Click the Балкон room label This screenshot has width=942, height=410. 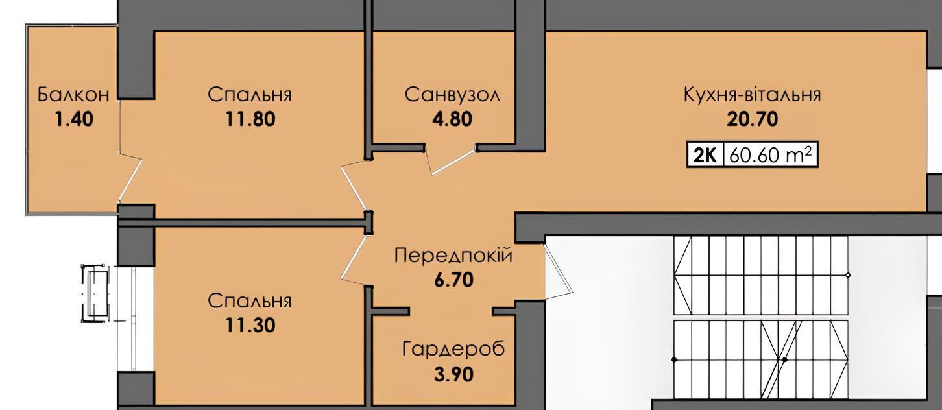coord(73,95)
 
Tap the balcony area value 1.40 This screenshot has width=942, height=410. coord(74,119)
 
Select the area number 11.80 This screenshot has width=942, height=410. coord(250,119)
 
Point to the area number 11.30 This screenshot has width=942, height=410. coord(250,326)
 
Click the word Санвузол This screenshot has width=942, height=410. coord(452,95)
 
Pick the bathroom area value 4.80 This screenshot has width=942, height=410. coord(452,119)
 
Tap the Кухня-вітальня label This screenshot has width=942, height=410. coord(753,95)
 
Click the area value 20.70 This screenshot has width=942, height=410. coord(753,119)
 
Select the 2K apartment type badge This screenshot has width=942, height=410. coord(705,155)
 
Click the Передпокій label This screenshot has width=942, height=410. coord(453,256)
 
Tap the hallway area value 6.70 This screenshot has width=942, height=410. coord(453,280)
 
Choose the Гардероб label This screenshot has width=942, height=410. coord(453,350)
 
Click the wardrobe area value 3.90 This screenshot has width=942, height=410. coord(453,374)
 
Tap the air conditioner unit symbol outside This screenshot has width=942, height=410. coord(96,293)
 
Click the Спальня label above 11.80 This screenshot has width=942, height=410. coord(250,95)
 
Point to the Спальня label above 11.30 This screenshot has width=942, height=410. coord(250,301)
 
